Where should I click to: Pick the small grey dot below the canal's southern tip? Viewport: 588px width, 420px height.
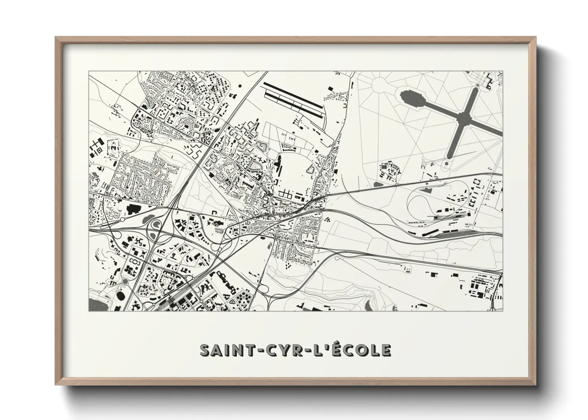447,163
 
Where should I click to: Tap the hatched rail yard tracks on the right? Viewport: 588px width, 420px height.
457,234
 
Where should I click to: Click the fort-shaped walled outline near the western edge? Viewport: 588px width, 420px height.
113,147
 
